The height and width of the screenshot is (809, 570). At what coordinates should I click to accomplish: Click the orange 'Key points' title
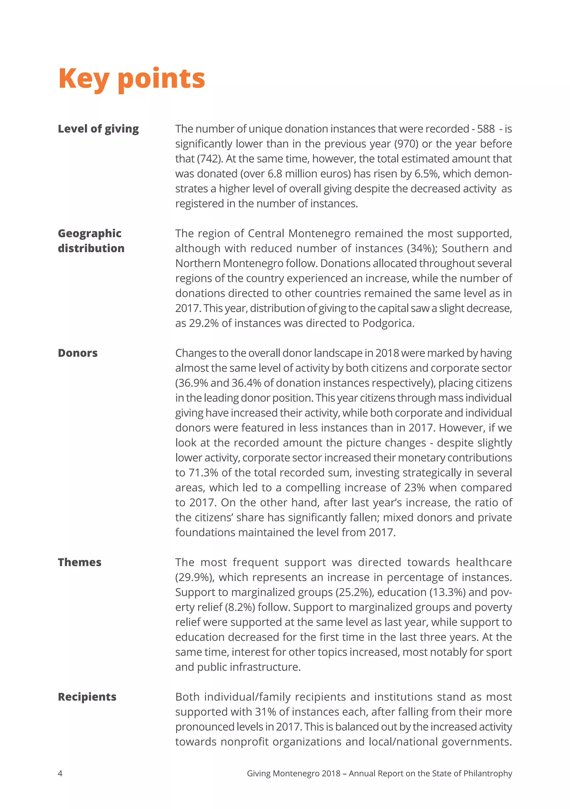coord(131,79)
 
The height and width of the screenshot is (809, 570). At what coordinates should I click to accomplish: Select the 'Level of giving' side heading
coord(98,129)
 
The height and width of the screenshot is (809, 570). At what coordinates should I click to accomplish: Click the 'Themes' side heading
coord(80,562)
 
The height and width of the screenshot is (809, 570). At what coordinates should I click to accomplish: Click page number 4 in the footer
coord(60,773)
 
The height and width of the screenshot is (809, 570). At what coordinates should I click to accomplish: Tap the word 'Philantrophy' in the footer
coord(488,773)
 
